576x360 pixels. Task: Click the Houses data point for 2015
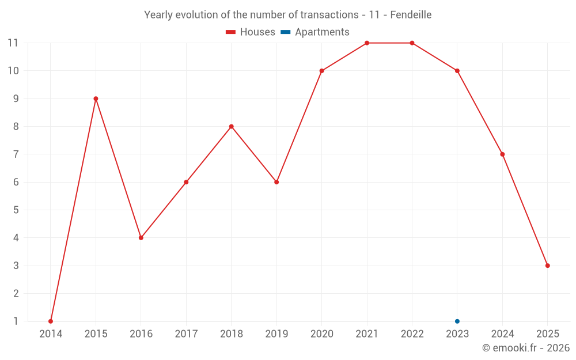[x=96, y=98]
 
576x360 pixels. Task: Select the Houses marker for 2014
[x=51, y=321]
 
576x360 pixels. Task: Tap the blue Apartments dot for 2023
[x=457, y=321]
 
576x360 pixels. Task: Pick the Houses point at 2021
[x=367, y=43]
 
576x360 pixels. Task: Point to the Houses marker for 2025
[x=548, y=266]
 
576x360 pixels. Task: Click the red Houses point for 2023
[x=457, y=71]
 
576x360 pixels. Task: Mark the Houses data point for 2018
[x=232, y=127]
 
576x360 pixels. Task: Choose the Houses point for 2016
[x=141, y=238]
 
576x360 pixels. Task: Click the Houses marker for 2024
[x=502, y=154]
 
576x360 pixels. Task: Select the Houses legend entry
[x=251, y=32]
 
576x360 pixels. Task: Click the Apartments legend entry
[x=315, y=32]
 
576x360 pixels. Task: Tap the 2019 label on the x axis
[x=276, y=334]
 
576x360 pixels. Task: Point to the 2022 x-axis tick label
[x=412, y=334]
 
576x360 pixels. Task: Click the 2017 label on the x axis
[x=186, y=334]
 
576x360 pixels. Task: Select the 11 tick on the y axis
[x=13, y=43]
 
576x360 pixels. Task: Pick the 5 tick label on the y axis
[x=16, y=210]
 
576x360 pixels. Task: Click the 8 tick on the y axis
[x=16, y=127]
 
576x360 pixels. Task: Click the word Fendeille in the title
[x=411, y=15]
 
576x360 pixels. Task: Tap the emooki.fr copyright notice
[x=526, y=348]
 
